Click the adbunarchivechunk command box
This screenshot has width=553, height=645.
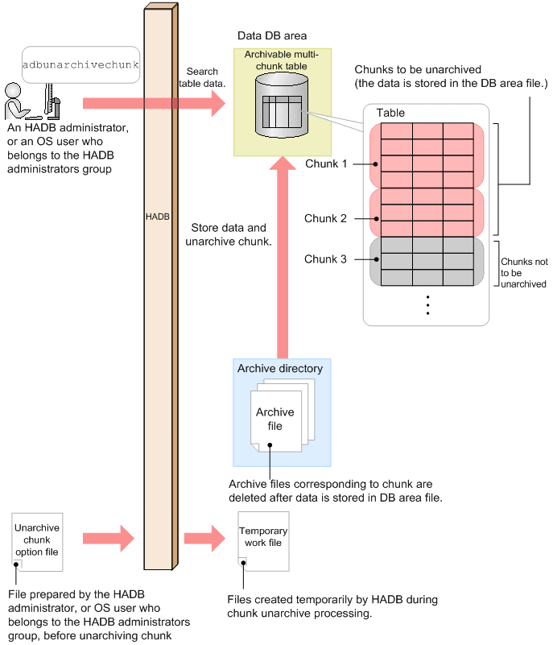[x=80, y=64]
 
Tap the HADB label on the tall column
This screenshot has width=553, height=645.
[x=158, y=217]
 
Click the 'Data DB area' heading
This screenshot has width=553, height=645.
[x=272, y=37]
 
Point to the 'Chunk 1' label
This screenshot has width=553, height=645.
[x=326, y=163]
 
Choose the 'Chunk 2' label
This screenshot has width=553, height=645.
[x=326, y=218]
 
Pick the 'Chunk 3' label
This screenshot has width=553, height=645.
[x=326, y=259]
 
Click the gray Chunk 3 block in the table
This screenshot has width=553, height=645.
[x=427, y=261]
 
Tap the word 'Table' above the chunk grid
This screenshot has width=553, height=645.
[x=390, y=113]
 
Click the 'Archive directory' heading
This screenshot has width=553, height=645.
[x=280, y=369]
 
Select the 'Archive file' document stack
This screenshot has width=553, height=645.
[x=275, y=419]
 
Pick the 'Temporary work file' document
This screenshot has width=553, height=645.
[x=263, y=537]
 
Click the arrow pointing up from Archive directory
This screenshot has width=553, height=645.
[x=282, y=258]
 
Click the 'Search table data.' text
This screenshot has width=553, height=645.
[x=200, y=77]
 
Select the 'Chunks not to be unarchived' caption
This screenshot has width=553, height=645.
[x=523, y=273]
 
